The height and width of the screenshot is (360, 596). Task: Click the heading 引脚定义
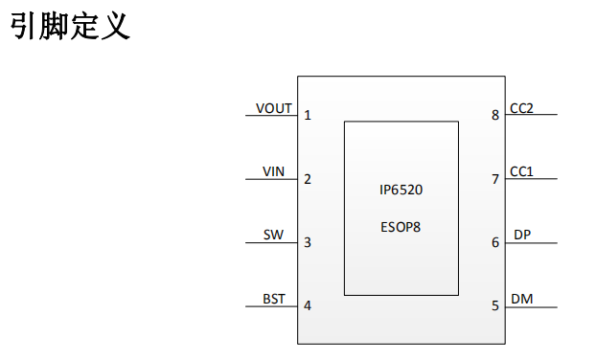(70, 26)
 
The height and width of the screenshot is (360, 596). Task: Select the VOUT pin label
(274, 108)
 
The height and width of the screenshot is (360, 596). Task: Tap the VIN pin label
(273, 171)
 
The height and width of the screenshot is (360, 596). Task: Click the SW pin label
(273, 235)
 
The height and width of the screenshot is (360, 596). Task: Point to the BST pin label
(274, 299)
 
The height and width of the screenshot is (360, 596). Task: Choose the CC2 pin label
(521, 108)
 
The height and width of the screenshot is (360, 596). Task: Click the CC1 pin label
(521, 171)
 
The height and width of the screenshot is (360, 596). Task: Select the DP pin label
(522, 235)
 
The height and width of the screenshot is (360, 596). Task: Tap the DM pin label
(522, 299)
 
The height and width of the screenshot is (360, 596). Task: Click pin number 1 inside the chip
(308, 115)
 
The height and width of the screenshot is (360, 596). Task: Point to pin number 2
(308, 179)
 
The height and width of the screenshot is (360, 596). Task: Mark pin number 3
(308, 242)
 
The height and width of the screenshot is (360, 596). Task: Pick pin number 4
(308, 305)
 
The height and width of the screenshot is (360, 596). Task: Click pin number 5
(494, 305)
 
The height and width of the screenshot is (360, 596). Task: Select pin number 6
(494, 242)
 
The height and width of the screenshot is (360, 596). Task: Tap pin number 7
(494, 179)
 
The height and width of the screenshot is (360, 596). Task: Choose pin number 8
(494, 115)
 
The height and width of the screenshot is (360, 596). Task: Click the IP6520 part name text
(401, 190)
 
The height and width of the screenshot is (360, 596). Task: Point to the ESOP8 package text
(401, 227)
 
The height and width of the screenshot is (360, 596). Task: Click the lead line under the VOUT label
(271, 115)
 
